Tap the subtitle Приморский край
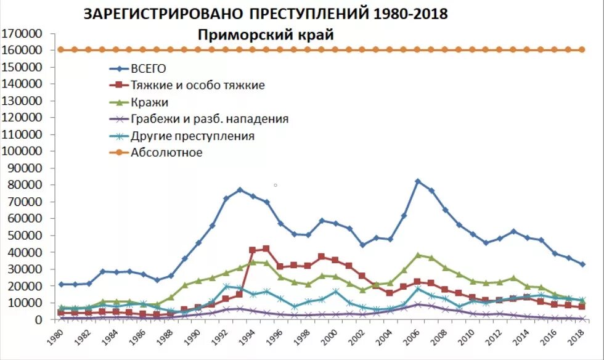(x=266, y=35)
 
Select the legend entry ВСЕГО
(x=149, y=68)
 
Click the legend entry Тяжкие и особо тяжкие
(x=198, y=85)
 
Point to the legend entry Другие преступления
(x=192, y=136)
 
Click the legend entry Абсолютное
(x=166, y=152)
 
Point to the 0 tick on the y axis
(x=38, y=319)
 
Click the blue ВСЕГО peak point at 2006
(x=418, y=181)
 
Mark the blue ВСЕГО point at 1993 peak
(x=240, y=190)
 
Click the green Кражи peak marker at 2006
(x=418, y=255)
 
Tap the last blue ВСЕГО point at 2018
(x=582, y=264)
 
